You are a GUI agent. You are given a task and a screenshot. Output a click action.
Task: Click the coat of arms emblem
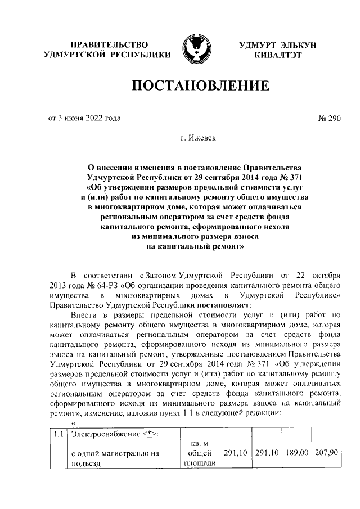[195, 49]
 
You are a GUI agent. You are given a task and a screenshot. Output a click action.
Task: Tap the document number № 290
[330, 118]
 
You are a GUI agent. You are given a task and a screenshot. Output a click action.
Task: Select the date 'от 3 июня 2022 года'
[84, 118]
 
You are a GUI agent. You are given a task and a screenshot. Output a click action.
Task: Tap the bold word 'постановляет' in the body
[219, 305]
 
